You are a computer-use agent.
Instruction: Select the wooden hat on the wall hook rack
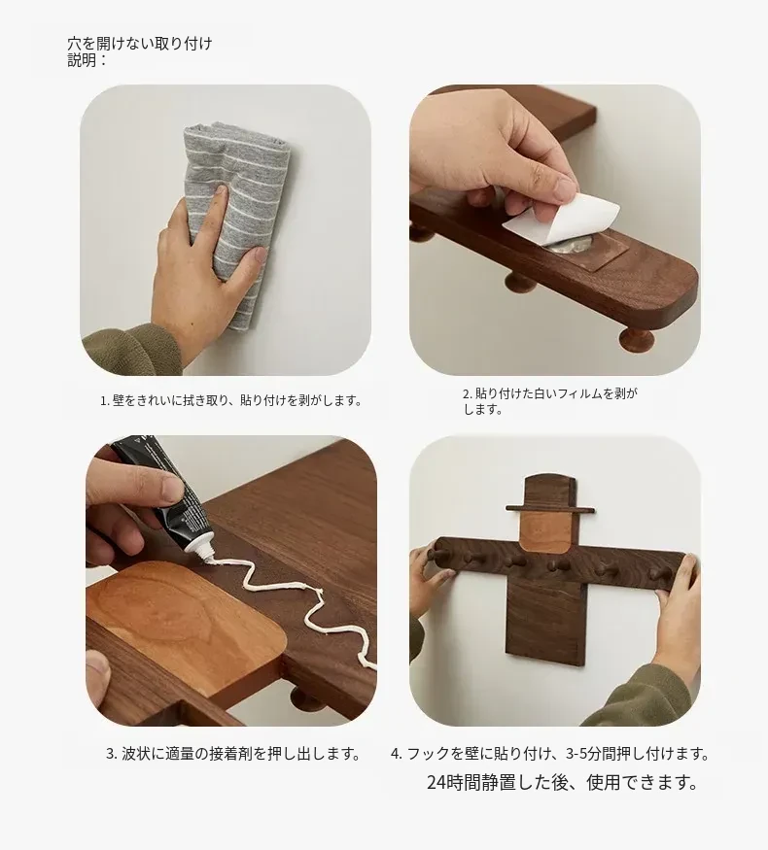(550, 493)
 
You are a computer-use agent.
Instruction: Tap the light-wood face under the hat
(546, 532)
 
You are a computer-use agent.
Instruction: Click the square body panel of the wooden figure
(545, 618)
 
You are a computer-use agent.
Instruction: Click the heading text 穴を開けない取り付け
(139, 44)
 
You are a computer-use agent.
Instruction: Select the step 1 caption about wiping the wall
(230, 401)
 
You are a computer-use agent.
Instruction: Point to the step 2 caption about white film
(549, 402)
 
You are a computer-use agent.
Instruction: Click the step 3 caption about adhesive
(233, 754)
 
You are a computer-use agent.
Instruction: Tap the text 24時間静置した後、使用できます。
(563, 782)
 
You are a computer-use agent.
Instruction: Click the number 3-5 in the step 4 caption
(577, 754)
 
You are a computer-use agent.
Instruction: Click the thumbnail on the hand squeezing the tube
(171, 490)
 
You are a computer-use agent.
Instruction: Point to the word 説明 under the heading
(82, 60)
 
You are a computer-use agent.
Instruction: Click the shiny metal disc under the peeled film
(567, 247)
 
